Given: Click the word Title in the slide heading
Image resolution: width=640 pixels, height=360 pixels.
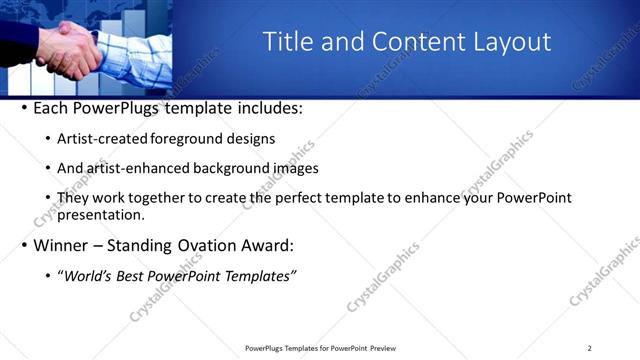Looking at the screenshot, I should tap(287, 41).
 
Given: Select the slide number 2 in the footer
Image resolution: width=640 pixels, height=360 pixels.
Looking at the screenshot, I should tap(589, 348).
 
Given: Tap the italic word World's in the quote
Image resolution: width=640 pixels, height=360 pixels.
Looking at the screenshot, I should tap(89, 275).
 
